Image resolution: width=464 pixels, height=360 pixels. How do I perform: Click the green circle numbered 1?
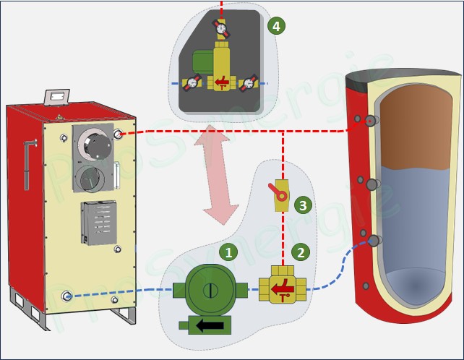228,252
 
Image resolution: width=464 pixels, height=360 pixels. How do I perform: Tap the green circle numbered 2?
299,252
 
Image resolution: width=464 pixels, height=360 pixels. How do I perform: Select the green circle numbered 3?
304,205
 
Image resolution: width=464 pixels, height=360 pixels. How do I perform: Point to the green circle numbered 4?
275,27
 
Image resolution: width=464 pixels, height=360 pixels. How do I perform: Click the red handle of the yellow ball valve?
275,191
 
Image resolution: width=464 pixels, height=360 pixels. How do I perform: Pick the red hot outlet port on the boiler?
119,134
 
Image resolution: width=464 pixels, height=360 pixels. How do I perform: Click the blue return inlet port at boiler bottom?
67,296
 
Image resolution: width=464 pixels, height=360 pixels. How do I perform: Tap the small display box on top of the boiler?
55,95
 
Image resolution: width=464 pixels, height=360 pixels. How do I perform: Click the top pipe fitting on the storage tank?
369,121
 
